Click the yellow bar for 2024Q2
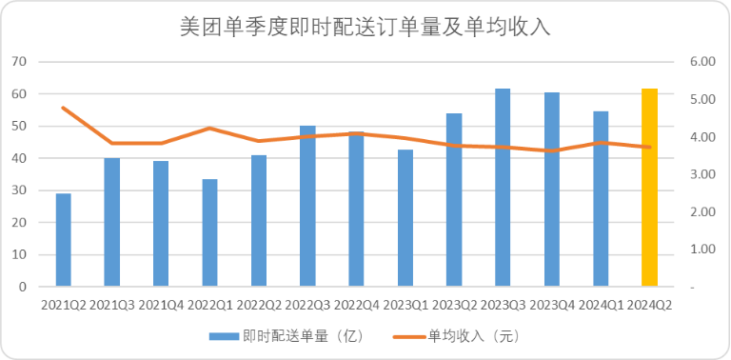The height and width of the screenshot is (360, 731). (x=649, y=187)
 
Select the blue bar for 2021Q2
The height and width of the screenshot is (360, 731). (x=64, y=240)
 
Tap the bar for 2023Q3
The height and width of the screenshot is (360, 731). (x=503, y=187)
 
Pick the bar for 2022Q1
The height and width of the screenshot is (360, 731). (x=209, y=232)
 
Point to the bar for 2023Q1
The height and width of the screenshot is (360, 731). (x=405, y=218)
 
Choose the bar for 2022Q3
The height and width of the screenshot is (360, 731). (x=307, y=206)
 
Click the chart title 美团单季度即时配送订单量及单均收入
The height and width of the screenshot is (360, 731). (x=365, y=28)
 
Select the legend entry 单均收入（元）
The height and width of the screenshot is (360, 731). (x=457, y=336)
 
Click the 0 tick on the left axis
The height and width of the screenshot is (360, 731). (x=24, y=287)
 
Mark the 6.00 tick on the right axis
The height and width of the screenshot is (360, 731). (x=701, y=62)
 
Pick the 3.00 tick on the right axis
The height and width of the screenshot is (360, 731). (x=701, y=174)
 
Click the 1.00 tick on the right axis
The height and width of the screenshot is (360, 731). (x=701, y=250)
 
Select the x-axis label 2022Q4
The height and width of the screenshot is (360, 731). (x=356, y=305)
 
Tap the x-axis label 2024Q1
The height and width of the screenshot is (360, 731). (x=601, y=305)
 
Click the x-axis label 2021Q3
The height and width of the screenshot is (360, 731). (x=112, y=305)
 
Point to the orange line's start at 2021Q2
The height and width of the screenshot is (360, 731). (x=64, y=108)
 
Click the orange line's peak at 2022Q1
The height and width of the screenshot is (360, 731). (x=209, y=128)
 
